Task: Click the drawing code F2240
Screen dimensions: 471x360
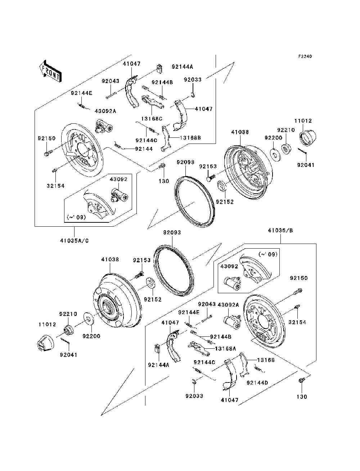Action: [x=305, y=56]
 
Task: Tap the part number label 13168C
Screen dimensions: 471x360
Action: [x=152, y=118]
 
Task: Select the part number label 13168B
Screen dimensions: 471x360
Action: [x=191, y=137]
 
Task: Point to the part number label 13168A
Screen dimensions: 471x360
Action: [x=226, y=348]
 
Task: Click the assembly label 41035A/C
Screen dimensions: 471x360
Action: [x=75, y=240]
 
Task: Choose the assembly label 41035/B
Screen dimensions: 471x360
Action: [x=280, y=231]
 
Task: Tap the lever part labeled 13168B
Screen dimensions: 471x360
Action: [x=166, y=139]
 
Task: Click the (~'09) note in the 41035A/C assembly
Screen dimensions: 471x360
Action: [x=76, y=217]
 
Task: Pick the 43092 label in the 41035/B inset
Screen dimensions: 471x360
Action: [x=229, y=267]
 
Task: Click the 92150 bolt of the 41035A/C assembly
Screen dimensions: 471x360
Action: [x=47, y=154]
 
